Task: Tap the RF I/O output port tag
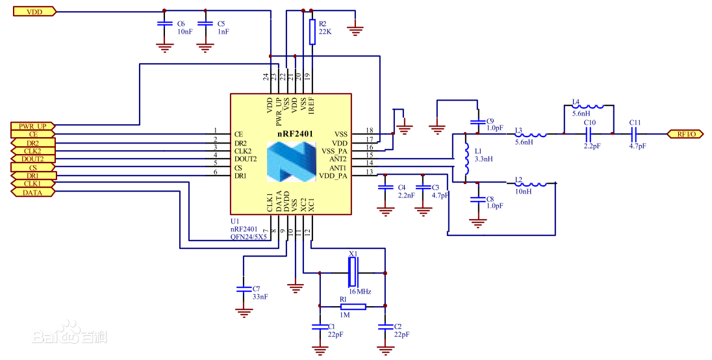click(x=686, y=134)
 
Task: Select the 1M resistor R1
click(x=352, y=306)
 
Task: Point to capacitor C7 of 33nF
click(x=244, y=289)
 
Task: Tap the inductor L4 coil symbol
click(x=587, y=107)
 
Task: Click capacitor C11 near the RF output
click(x=635, y=134)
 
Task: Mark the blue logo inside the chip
click(x=291, y=162)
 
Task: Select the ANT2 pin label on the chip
click(x=338, y=159)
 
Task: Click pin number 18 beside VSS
click(x=369, y=131)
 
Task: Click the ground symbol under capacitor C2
click(x=386, y=350)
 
